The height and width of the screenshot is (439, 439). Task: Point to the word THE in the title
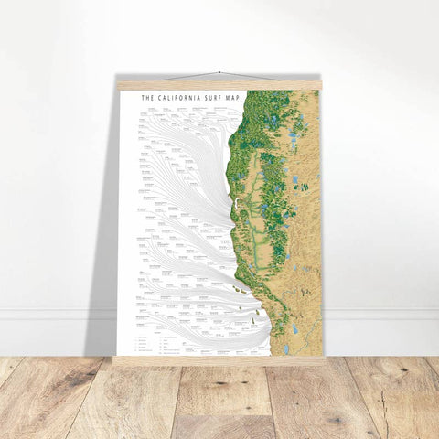tap(149, 95)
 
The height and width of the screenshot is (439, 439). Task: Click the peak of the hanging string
tap(219, 71)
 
